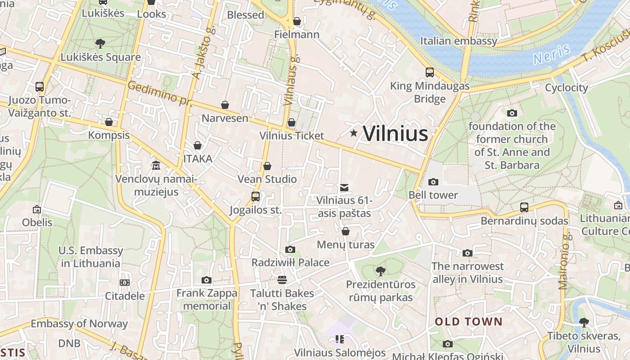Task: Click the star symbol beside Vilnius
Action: (x=354, y=133)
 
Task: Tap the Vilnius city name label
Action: (x=395, y=134)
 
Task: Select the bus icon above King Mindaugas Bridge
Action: (x=430, y=72)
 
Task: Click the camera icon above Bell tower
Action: (x=433, y=182)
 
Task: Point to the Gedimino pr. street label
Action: (x=159, y=93)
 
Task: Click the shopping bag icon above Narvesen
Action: (x=225, y=105)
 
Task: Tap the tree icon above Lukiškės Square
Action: (x=100, y=43)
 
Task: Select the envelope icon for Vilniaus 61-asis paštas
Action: (x=344, y=187)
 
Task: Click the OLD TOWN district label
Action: (x=468, y=321)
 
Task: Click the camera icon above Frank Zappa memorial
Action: (x=207, y=280)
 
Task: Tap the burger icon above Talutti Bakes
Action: (x=282, y=280)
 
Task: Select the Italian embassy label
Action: (x=459, y=41)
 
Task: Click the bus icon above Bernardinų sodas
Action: (x=524, y=207)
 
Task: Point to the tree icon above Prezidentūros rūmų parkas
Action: (x=380, y=271)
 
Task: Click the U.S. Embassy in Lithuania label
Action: (x=91, y=257)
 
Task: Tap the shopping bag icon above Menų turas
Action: (x=346, y=231)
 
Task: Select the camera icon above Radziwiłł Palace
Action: (x=290, y=249)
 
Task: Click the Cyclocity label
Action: (x=566, y=88)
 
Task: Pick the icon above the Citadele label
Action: (x=125, y=283)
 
